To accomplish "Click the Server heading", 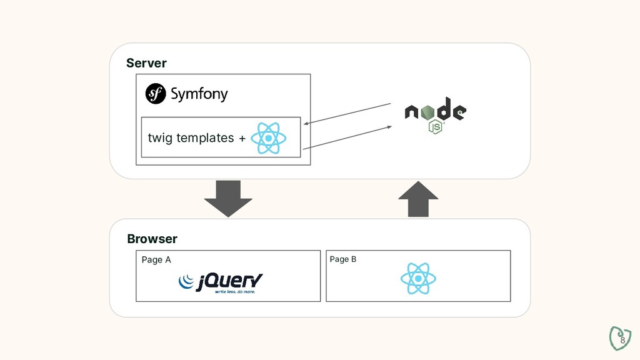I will (x=146, y=63).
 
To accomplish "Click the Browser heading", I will (x=152, y=239).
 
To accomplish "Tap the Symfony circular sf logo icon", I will (x=156, y=94).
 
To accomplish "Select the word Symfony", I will (x=199, y=94).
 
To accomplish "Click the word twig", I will (x=160, y=137).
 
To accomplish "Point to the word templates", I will (x=205, y=137).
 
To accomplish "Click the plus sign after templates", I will (x=242, y=138).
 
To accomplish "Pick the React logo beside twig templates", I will (x=268, y=138).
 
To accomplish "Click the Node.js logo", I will (x=435, y=113).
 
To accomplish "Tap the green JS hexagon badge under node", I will (x=436, y=127).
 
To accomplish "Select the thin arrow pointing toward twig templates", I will (x=349, y=113).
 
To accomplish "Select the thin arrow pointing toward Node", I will (x=347, y=137).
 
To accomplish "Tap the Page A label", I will (x=156, y=260).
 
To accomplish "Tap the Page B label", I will (x=343, y=259).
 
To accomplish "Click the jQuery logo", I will (x=220, y=282).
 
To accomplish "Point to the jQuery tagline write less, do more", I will (x=235, y=291).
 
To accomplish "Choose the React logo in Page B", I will (x=418, y=279).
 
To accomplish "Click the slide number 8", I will (x=622, y=339).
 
